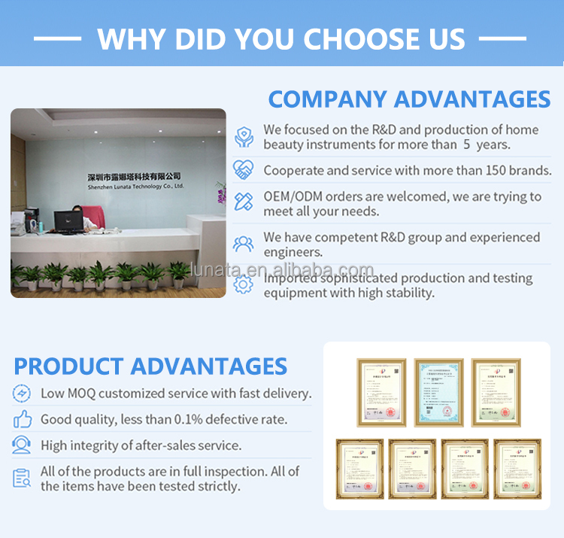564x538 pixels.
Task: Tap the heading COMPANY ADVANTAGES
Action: (409, 99)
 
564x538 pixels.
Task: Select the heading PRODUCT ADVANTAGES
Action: (150, 366)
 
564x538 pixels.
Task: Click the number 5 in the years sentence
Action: (467, 144)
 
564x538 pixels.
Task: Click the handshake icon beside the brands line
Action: (243, 170)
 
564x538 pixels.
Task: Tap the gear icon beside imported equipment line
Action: (243, 284)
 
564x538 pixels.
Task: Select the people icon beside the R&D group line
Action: (243, 244)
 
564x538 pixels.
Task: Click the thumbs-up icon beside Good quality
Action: (23, 419)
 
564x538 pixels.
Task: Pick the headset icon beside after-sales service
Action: (23, 445)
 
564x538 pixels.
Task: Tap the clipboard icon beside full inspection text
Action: (23, 478)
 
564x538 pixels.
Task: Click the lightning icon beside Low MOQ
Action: (23, 393)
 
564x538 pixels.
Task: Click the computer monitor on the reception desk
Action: (68, 220)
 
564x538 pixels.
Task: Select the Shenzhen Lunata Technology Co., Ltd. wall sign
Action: (135, 180)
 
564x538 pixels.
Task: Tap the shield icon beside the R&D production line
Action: (243, 137)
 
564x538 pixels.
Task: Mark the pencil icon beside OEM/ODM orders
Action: (243, 202)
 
